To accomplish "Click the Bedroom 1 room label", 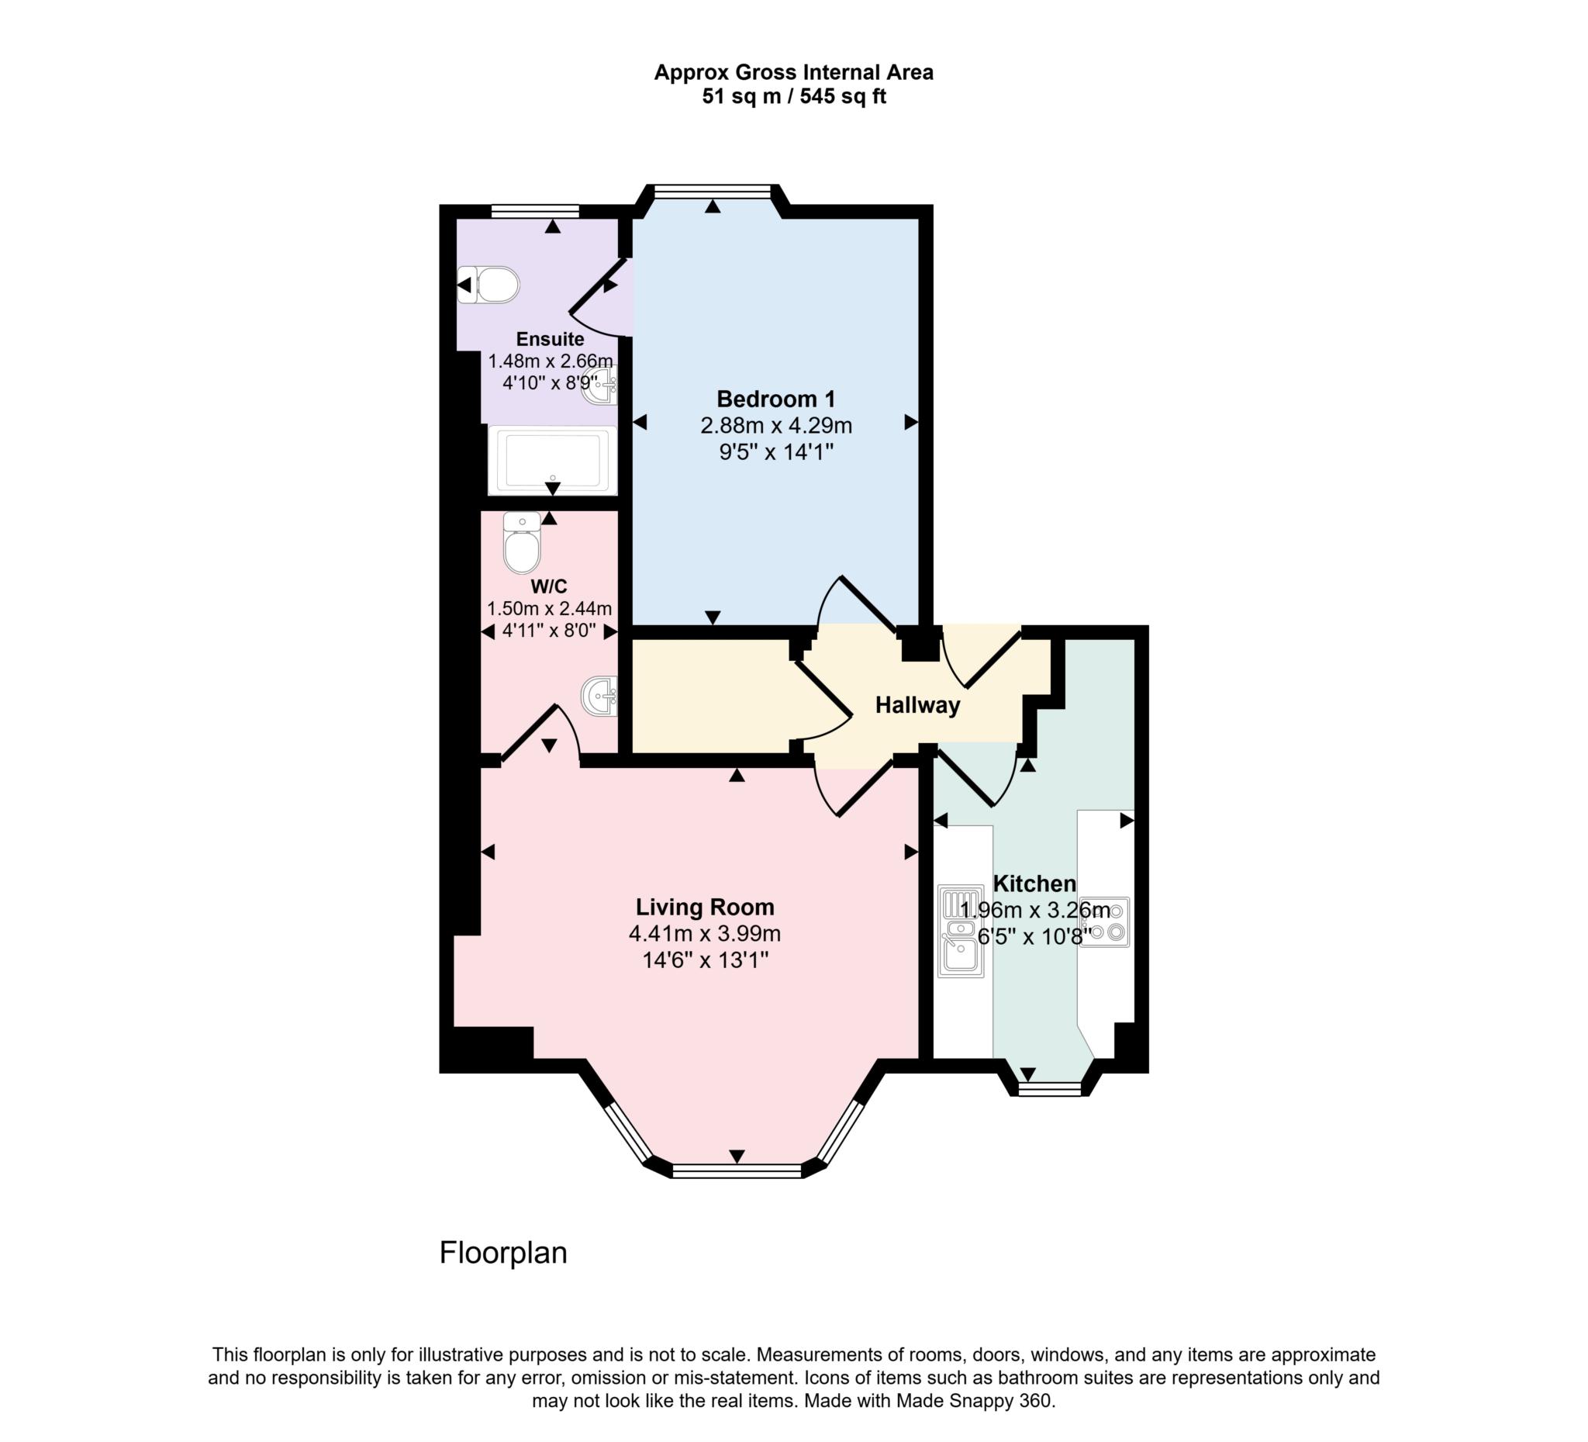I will (776, 399).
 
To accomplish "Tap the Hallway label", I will (917, 704).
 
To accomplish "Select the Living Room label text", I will (705, 907).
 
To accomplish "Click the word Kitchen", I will (1034, 884).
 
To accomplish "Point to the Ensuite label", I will (550, 339).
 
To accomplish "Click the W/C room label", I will (549, 586).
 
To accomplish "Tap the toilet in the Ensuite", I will (491, 285).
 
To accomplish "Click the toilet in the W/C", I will (522, 544).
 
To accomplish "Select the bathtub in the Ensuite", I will (552, 460).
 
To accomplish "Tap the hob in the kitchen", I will (1105, 922).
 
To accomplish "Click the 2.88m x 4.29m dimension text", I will (776, 426).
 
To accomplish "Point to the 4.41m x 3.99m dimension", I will (705, 934).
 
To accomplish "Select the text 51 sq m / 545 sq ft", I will (794, 97).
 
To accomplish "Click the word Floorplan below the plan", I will (502, 1252).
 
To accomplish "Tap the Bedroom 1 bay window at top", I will (712, 190).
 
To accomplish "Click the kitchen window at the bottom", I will (1050, 1090).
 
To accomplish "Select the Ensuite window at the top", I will (535, 210).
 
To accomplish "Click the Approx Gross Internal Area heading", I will (794, 72).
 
